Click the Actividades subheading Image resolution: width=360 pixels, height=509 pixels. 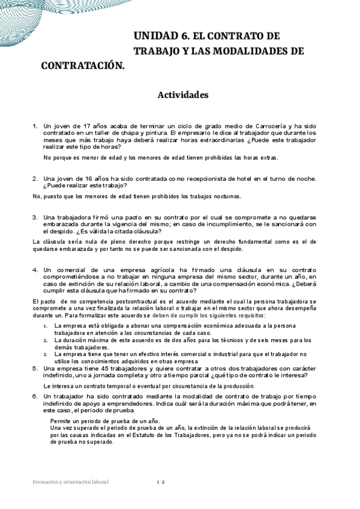pos(182,95)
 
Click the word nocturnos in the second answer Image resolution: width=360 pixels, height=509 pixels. pos(221,196)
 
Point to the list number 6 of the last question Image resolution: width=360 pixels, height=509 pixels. pos(34,397)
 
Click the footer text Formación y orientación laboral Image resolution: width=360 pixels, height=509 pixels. pos(71,482)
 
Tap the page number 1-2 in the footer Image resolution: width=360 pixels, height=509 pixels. pos(160,482)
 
